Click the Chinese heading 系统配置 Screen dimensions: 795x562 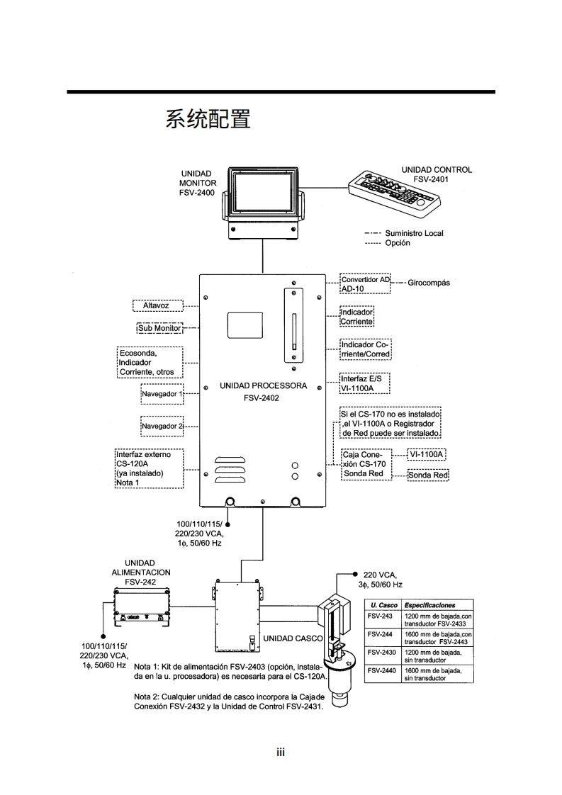(x=208, y=119)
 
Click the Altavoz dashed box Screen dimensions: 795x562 (x=158, y=305)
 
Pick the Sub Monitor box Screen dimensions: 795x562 (x=159, y=328)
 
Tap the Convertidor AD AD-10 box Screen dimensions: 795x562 (x=365, y=285)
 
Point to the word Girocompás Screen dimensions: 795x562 (x=429, y=283)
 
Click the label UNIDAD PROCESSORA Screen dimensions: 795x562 (x=263, y=386)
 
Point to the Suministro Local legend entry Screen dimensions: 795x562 (x=414, y=233)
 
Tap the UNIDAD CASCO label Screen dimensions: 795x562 (x=293, y=638)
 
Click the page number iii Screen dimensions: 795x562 (x=281, y=752)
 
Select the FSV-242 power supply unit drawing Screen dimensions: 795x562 (x=145, y=606)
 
